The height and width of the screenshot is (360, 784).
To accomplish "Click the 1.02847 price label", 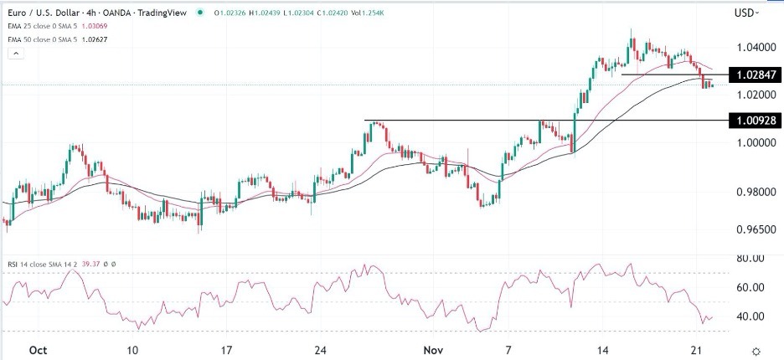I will click(x=756, y=75).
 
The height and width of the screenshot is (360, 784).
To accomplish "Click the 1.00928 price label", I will click(x=756, y=121).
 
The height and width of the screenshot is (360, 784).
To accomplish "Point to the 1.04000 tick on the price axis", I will click(x=755, y=47).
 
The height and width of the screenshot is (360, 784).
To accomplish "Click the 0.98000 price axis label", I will click(x=755, y=192).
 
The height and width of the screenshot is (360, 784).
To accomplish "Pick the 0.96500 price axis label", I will click(x=755, y=228).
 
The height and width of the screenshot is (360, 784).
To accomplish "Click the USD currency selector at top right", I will click(x=745, y=13).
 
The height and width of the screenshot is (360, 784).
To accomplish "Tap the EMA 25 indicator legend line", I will click(x=58, y=27).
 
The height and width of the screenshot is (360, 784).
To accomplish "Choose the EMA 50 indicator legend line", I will click(x=58, y=39).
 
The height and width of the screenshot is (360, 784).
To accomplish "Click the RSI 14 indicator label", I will click(x=42, y=264).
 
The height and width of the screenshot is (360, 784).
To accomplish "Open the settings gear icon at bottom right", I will click(x=756, y=352).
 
